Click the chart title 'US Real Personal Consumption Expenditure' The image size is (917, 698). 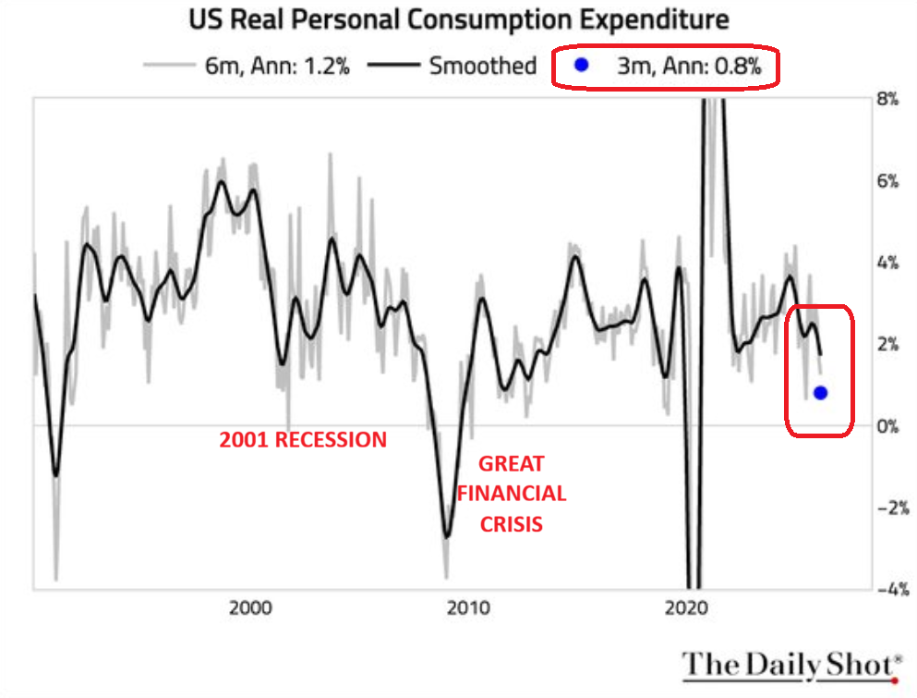(458, 18)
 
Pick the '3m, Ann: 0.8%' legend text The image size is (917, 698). (689, 66)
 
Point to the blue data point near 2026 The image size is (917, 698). (820, 392)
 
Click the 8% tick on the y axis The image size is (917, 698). (889, 99)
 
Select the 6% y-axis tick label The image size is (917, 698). (889, 180)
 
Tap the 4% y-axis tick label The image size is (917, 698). (889, 263)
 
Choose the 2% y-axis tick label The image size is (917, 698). (889, 344)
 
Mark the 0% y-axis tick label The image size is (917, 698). (889, 425)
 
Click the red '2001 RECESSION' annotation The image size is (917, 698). (303, 440)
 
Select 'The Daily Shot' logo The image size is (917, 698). (792, 665)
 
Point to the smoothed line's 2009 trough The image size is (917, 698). (447, 535)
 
